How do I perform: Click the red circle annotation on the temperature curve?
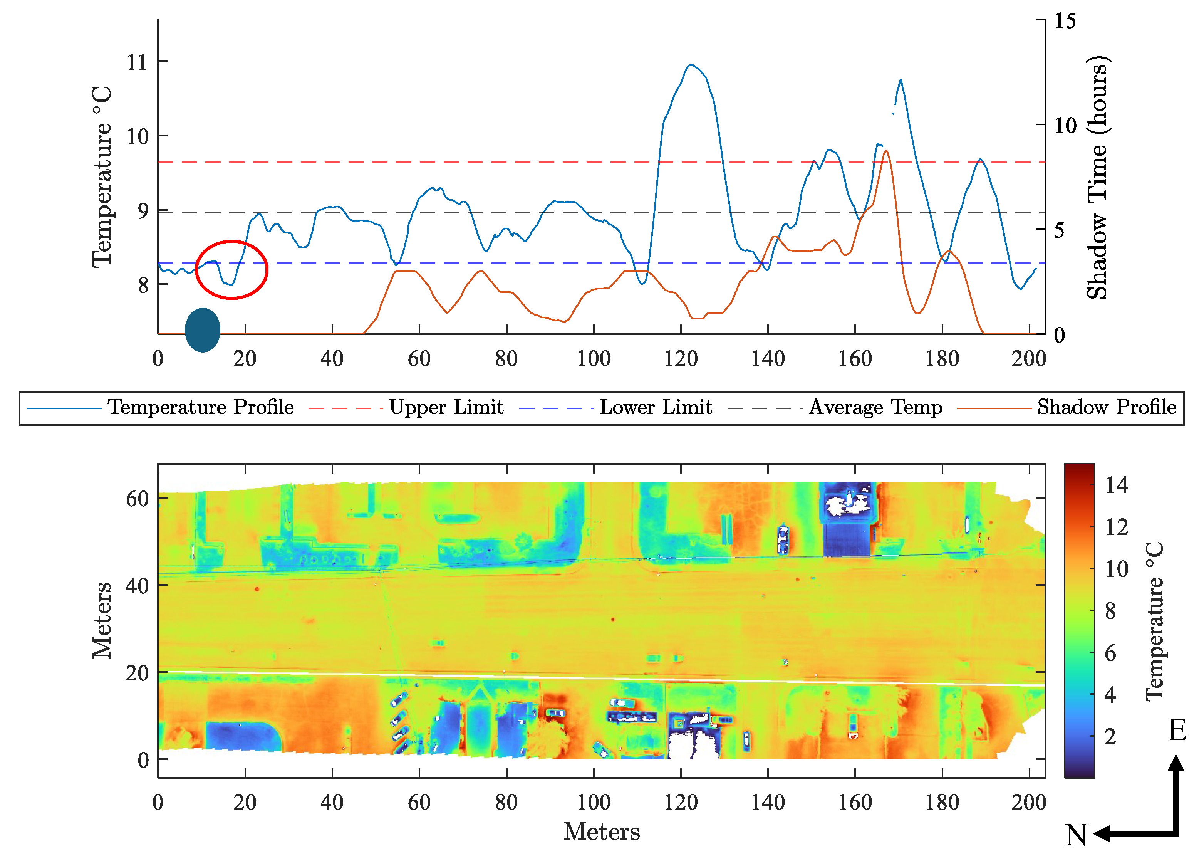pyautogui.click(x=231, y=270)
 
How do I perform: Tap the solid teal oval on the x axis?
pyautogui.click(x=203, y=330)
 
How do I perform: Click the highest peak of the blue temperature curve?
pyautogui.click(x=691, y=65)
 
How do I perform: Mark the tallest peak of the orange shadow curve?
pyautogui.click(x=886, y=152)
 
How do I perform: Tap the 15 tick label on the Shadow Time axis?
pyautogui.click(x=1065, y=21)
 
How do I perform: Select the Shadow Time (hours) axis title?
pyautogui.click(x=1097, y=177)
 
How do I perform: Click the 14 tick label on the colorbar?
pyautogui.click(x=1116, y=485)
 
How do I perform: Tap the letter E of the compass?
pyautogui.click(x=1177, y=730)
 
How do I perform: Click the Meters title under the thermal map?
pyautogui.click(x=601, y=832)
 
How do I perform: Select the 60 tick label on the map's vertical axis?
pyautogui.click(x=137, y=499)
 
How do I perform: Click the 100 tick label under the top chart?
pyautogui.click(x=593, y=359)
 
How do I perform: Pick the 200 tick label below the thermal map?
pyautogui.click(x=1028, y=802)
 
